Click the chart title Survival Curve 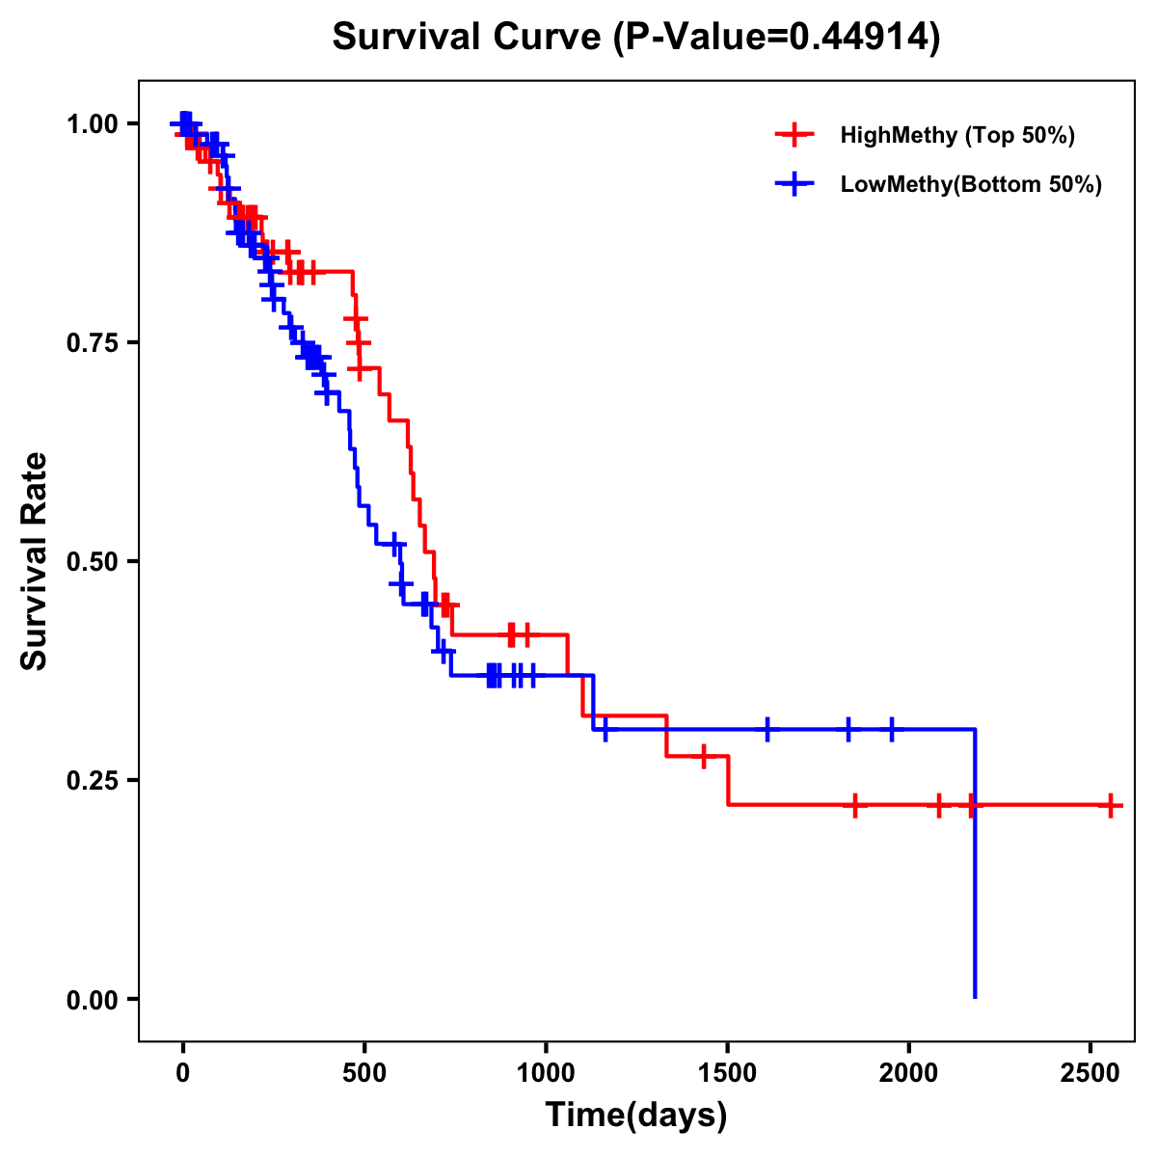[x=636, y=37]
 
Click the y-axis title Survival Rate [x=35, y=560]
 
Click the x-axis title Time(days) [x=636, y=1115]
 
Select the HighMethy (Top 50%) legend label [x=957, y=135]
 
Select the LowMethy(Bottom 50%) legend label [x=971, y=184]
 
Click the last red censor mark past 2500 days [x=1111, y=805]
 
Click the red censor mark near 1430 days [x=703, y=756]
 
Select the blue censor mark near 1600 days [x=767, y=729]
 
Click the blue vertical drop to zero [x=975, y=868]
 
